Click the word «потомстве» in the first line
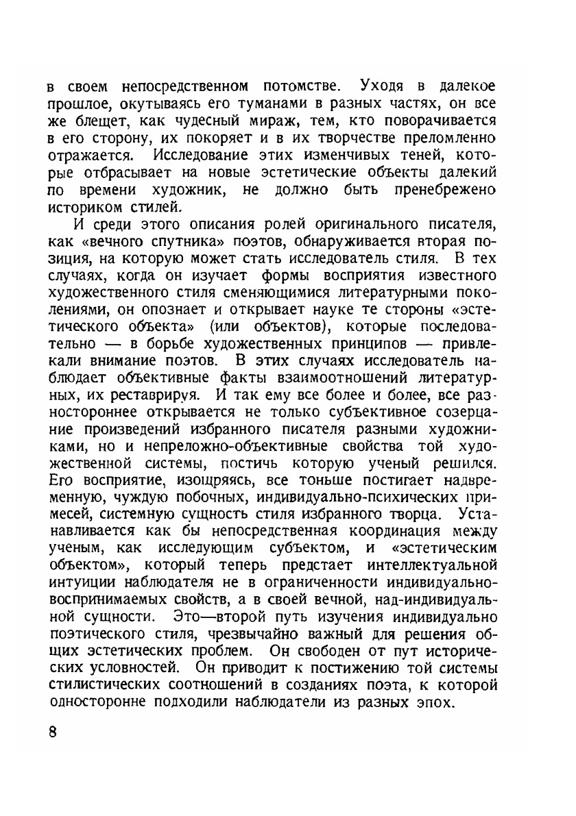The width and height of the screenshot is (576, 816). [289, 87]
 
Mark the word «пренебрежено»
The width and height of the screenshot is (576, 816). [444, 186]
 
